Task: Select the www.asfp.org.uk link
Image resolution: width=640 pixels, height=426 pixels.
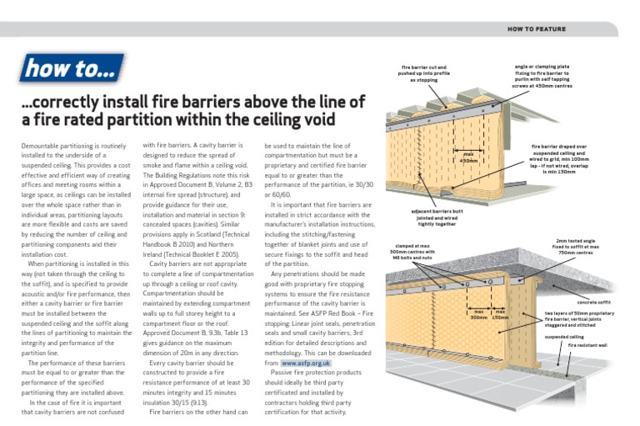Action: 307,364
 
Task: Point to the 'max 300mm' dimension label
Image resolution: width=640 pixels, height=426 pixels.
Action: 478,315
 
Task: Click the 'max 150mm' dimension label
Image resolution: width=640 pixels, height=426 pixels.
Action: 501,315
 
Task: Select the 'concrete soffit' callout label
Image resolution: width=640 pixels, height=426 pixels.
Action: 595,303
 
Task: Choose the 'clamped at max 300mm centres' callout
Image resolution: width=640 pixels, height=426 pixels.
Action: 415,253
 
